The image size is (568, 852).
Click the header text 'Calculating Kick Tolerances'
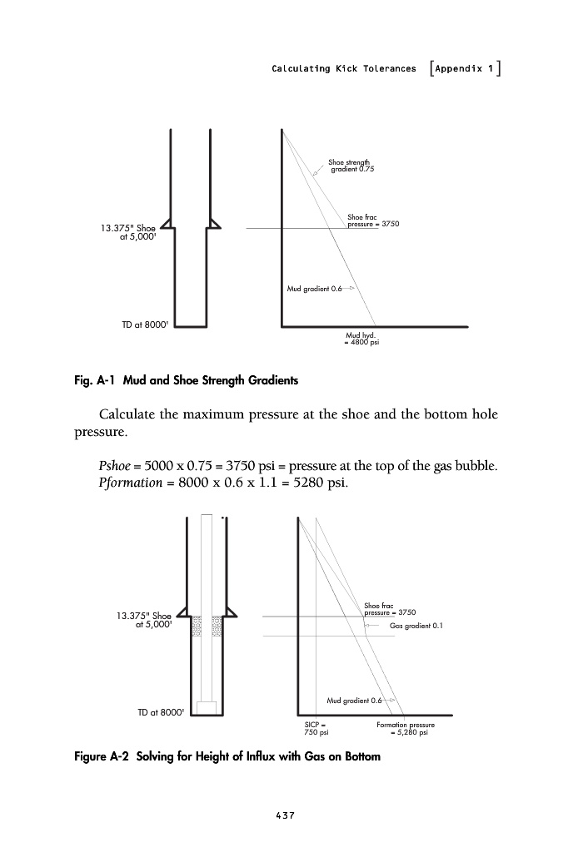click(343, 68)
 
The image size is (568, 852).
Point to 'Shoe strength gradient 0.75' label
click(350, 166)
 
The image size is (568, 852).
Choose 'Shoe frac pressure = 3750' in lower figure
click(390, 609)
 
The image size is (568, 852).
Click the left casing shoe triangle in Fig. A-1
click(167, 222)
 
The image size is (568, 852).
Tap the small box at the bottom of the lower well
click(206, 707)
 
